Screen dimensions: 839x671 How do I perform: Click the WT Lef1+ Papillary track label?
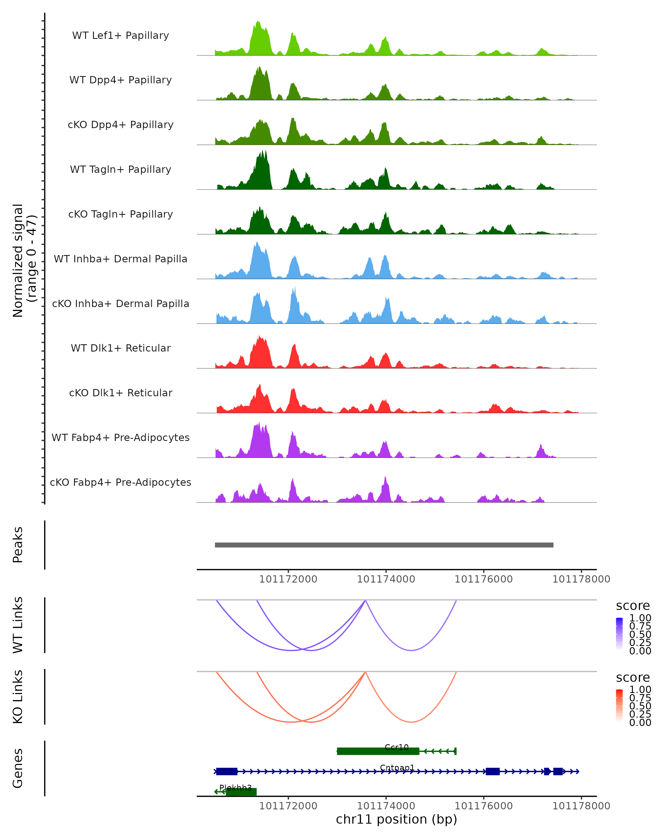(x=121, y=36)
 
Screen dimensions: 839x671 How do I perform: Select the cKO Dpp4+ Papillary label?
(x=121, y=125)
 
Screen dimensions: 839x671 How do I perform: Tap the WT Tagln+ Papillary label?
(x=121, y=170)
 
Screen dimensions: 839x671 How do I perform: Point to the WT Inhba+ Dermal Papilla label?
(x=121, y=259)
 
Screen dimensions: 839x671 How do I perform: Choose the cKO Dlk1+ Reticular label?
(x=121, y=393)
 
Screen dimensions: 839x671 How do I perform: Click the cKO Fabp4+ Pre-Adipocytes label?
(x=121, y=482)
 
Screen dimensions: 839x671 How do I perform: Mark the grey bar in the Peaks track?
(x=384, y=545)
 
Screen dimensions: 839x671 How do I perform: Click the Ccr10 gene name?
(x=396, y=747)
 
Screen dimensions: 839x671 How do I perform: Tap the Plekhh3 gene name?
(x=235, y=788)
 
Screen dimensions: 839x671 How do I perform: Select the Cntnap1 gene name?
(x=397, y=767)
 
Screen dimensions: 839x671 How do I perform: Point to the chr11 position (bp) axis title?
(x=396, y=819)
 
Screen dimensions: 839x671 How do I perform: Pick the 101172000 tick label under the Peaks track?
(x=288, y=579)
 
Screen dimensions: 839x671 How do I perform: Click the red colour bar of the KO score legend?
(x=619, y=706)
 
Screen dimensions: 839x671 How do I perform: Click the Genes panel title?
(x=18, y=768)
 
